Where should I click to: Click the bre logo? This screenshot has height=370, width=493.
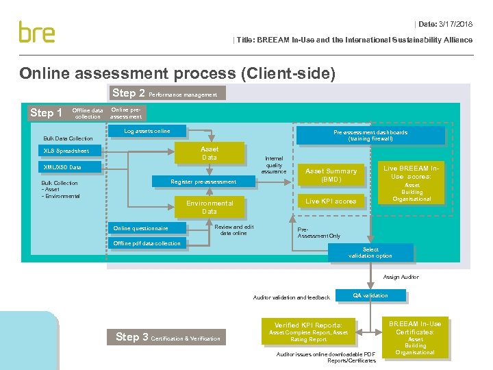(x=37, y=32)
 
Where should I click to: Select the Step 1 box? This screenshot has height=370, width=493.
(x=46, y=113)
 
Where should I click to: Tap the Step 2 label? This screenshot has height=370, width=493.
(x=128, y=93)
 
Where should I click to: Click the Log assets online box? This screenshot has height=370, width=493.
(x=147, y=131)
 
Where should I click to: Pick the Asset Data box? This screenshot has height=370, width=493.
(x=210, y=153)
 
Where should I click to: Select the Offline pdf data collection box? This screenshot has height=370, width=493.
(x=147, y=243)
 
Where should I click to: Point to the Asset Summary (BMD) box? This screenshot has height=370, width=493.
(x=331, y=175)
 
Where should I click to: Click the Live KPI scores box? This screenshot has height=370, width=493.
(x=331, y=201)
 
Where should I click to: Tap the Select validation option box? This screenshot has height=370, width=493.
(x=370, y=253)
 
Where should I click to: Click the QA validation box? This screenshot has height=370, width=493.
(x=370, y=296)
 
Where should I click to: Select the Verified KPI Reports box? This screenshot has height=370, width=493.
(x=307, y=332)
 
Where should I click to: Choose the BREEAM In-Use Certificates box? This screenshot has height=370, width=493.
(x=415, y=337)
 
